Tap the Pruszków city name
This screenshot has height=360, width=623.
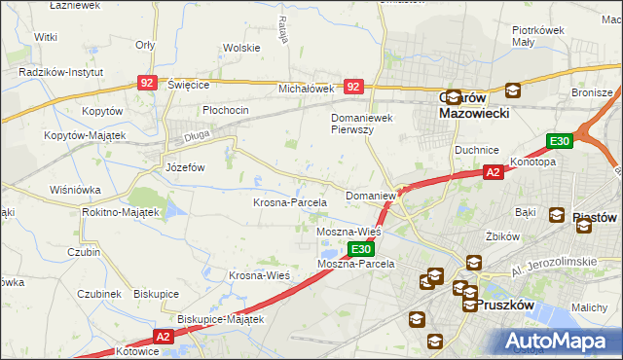(x=506, y=304)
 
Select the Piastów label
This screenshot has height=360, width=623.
(x=586, y=216)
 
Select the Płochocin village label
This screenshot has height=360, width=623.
(x=226, y=110)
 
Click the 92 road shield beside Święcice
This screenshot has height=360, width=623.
(x=146, y=85)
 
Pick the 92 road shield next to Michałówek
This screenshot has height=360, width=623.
(x=352, y=87)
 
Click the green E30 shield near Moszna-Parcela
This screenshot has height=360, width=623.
(x=361, y=250)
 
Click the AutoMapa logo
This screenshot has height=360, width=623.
(x=559, y=341)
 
